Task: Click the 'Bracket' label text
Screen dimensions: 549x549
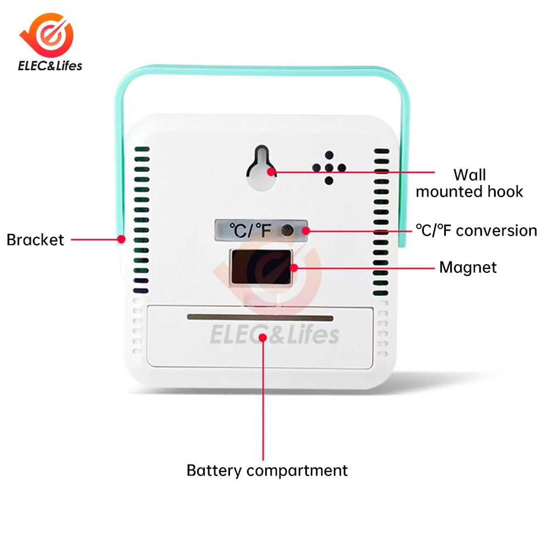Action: [35, 240]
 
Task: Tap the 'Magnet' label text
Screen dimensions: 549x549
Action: [468, 267]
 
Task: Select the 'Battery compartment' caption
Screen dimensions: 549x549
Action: [267, 470]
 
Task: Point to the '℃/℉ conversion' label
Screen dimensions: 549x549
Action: [476, 231]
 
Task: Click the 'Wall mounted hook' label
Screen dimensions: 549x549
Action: [469, 183]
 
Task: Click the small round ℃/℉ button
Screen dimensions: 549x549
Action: [286, 231]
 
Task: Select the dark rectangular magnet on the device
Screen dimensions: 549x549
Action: [261, 267]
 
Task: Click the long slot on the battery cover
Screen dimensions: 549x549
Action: [260, 318]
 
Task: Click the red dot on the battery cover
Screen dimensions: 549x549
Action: [264, 337]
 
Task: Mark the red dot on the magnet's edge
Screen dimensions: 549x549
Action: [294, 268]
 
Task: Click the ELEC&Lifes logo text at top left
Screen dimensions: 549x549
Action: [50, 66]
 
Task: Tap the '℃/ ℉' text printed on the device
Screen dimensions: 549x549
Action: [250, 231]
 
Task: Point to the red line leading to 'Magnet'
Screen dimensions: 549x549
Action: [365, 268]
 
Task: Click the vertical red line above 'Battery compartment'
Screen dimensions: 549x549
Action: [264, 401]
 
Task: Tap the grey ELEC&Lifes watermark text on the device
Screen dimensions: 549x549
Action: [274, 334]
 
